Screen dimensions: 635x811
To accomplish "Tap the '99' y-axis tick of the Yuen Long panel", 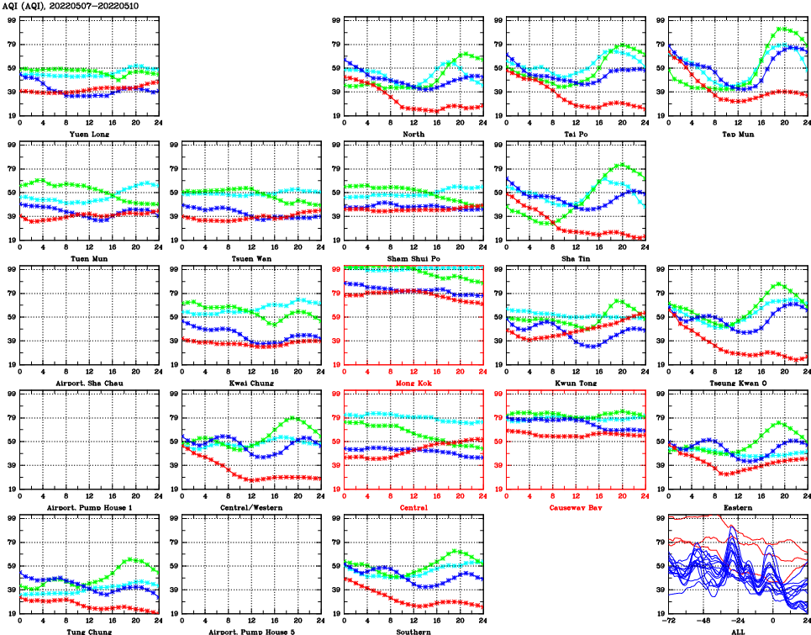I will pyautogui.click(x=11, y=20).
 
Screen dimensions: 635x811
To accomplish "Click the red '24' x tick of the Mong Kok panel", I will pyautogui.click(x=482, y=373).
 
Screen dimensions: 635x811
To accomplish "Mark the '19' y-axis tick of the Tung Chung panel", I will pyautogui.click(x=11, y=614).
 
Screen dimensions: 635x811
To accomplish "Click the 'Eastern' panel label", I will pyautogui.click(x=737, y=508).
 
